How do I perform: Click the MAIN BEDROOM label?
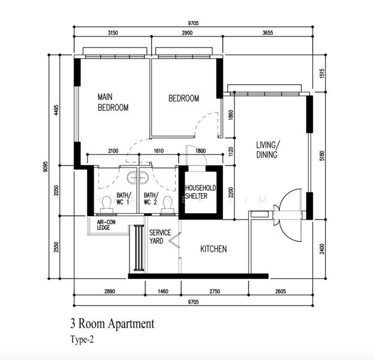(113, 103)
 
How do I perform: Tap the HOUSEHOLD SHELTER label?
(201, 192)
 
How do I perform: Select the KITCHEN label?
(213, 249)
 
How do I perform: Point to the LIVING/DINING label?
(268, 149)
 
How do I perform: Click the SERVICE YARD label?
(160, 237)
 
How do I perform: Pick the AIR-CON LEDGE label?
(106, 225)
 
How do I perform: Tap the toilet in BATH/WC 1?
(106, 205)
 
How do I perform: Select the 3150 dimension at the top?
(113, 33)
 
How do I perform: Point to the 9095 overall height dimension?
(46, 167)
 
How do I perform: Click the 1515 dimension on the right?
(322, 74)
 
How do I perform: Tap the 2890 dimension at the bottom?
(110, 291)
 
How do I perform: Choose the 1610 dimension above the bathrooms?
(159, 151)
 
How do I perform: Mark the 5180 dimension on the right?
(322, 155)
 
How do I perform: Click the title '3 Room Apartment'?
(112, 324)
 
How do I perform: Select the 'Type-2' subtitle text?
(82, 339)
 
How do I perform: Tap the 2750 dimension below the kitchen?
(215, 291)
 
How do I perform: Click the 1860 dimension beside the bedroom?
(231, 115)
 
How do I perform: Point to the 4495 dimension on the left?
(56, 110)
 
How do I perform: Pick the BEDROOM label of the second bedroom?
(183, 98)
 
